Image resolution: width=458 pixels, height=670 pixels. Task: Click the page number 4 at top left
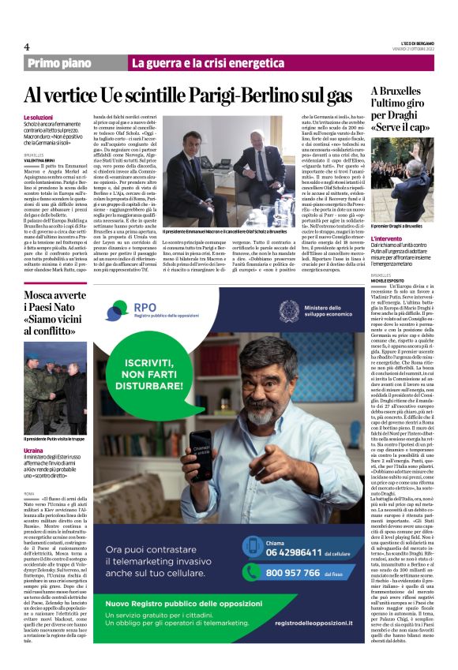27,47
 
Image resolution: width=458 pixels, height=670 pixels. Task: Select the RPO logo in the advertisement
127,311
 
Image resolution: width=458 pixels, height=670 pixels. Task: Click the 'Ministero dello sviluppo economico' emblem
290,310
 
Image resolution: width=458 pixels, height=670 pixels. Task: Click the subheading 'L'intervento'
389,238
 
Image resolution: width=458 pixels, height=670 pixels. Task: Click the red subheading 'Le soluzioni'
39,117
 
